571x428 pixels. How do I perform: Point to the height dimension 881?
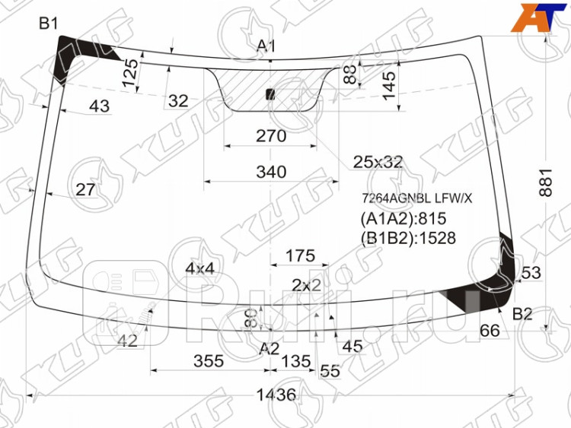pyautogui.click(x=545, y=182)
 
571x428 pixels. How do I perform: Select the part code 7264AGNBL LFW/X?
pyautogui.click(x=416, y=198)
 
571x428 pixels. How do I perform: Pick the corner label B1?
pyautogui.click(x=49, y=24)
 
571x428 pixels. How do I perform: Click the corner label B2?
pyautogui.click(x=522, y=313)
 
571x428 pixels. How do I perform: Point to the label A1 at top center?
pyautogui.click(x=266, y=47)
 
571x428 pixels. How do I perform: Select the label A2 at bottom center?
pyautogui.click(x=270, y=348)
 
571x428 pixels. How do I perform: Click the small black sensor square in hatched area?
pyautogui.click(x=270, y=94)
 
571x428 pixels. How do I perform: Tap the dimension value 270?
pyautogui.click(x=270, y=136)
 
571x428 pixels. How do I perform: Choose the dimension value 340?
pyautogui.click(x=270, y=173)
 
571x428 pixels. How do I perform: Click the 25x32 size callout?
pyautogui.click(x=378, y=161)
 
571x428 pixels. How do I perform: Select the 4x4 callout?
pyautogui.click(x=199, y=268)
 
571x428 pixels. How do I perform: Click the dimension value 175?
pyautogui.click(x=300, y=256)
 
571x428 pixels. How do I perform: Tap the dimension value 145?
pyautogui.click(x=389, y=84)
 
